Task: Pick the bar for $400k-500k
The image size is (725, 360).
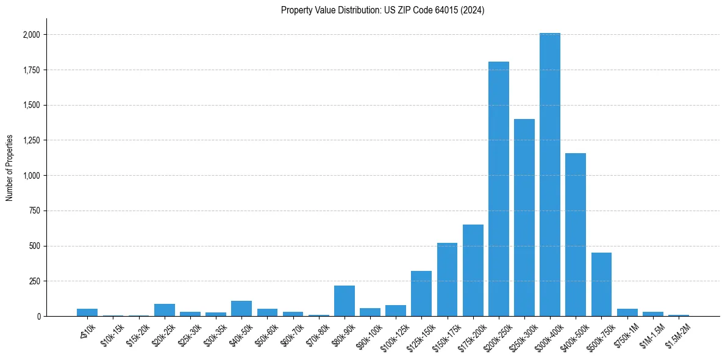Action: (x=576, y=235)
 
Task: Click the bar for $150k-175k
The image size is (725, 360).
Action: (x=447, y=279)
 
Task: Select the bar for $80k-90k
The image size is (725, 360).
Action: (x=345, y=301)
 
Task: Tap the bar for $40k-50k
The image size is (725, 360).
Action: (x=241, y=308)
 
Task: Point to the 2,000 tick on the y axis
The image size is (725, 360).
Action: (x=31, y=35)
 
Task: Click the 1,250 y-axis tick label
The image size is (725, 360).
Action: (x=31, y=140)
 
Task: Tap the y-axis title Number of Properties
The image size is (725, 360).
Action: (x=10, y=168)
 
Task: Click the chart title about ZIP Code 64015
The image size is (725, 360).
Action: (x=383, y=10)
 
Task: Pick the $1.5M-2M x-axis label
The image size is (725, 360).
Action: (x=677, y=334)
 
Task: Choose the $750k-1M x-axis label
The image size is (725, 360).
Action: (x=626, y=334)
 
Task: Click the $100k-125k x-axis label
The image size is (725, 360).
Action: (x=393, y=336)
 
